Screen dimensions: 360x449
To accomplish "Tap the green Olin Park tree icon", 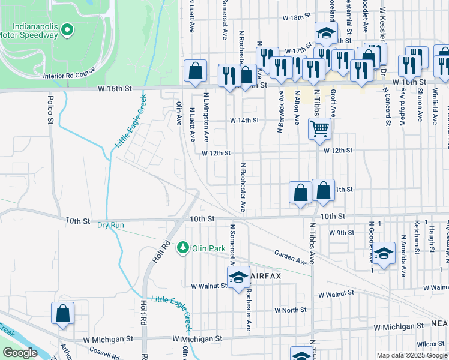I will pos(183,247).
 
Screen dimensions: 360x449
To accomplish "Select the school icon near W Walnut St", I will pos(238,277).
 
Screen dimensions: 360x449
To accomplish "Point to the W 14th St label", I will pos(244,120).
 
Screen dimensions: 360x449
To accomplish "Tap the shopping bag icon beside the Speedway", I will pos(195,71).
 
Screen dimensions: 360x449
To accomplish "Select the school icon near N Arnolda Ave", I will pos(384,254).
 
